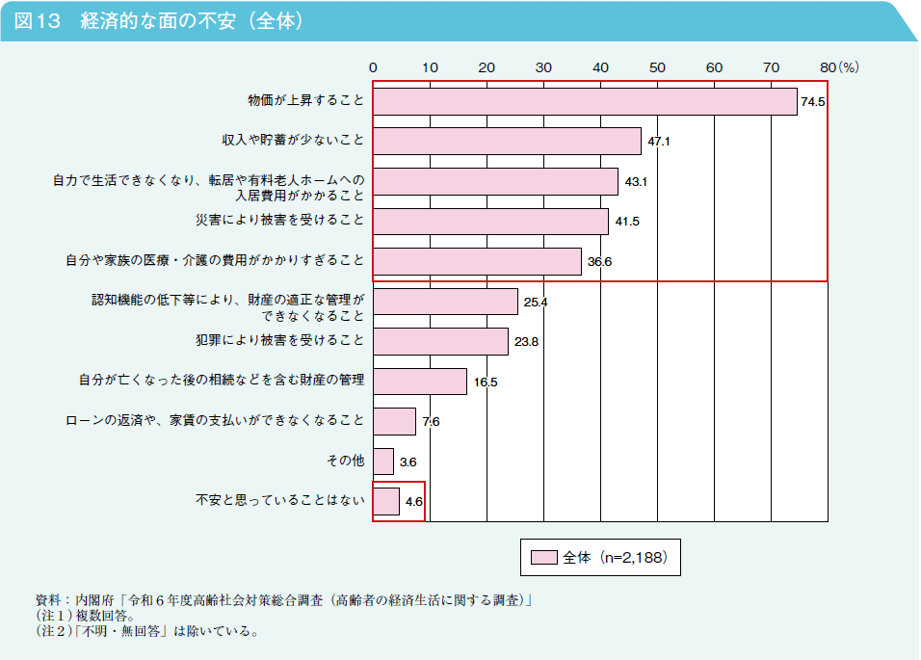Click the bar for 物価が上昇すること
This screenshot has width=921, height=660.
tap(585, 101)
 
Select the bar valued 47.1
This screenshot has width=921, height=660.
tap(507, 141)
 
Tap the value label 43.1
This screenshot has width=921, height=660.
tap(637, 181)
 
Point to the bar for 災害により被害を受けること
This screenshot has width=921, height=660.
tap(490, 222)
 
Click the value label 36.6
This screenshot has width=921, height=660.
tap(600, 262)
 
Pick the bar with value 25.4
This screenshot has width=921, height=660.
tap(445, 302)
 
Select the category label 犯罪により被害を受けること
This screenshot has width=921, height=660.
tap(278, 341)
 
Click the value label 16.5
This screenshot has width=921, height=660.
tap(486, 382)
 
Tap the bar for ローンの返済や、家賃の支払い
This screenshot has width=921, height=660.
tap(394, 421)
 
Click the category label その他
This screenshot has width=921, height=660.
tap(345, 462)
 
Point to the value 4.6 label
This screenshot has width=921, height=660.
tap(414, 502)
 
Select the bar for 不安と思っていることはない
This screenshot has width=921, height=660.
tap(386, 501)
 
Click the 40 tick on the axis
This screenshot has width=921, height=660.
tap(600, 68)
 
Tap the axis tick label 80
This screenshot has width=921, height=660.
tap(828, 68)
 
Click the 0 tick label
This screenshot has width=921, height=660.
tap(373, 68)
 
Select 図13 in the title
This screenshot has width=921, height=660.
tap(38, 21)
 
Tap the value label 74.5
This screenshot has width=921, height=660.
tap(813, 102)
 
